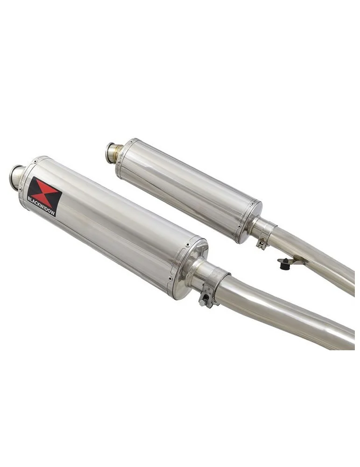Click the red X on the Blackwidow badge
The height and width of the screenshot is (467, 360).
coord(44,190)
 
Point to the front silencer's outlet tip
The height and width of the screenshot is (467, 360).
coord(17,176)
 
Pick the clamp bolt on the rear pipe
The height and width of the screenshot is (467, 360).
coord(261,243)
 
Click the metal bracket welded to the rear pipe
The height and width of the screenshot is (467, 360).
coord(294,261)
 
